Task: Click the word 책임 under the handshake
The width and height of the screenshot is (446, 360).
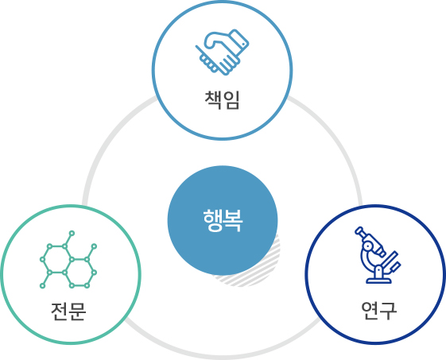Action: coord(222,100)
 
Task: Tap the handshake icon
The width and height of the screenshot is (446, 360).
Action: coord(222,52)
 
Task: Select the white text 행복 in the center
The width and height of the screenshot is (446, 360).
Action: coord(223,220)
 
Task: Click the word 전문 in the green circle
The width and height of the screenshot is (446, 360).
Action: coord(68,312)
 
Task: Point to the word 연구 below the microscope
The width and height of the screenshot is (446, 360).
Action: coord(379,311)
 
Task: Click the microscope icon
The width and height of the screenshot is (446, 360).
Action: coord(378,255)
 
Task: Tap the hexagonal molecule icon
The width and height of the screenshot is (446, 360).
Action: coord(68,260)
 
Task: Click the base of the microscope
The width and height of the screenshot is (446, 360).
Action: coord(378,281)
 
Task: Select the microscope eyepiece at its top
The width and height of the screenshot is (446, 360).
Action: coord(359,230)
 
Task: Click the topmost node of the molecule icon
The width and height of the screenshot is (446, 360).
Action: coord(72,233)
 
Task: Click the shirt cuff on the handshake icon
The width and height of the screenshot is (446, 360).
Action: coord(239,40)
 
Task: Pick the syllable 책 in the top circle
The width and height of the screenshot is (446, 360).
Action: coord(213,100)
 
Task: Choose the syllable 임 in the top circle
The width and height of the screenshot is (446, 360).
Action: coord(231,100)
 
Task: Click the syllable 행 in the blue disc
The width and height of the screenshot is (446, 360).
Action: coord(212,220)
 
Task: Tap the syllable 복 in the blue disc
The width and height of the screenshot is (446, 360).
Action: coord(233,220)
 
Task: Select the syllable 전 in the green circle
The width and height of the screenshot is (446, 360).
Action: coord(59,312)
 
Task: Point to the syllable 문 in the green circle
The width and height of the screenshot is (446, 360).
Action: coord(77,312)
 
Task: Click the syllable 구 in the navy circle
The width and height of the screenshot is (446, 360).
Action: coord(388,311)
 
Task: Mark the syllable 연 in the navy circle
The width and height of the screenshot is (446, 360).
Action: coord(370,311)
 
